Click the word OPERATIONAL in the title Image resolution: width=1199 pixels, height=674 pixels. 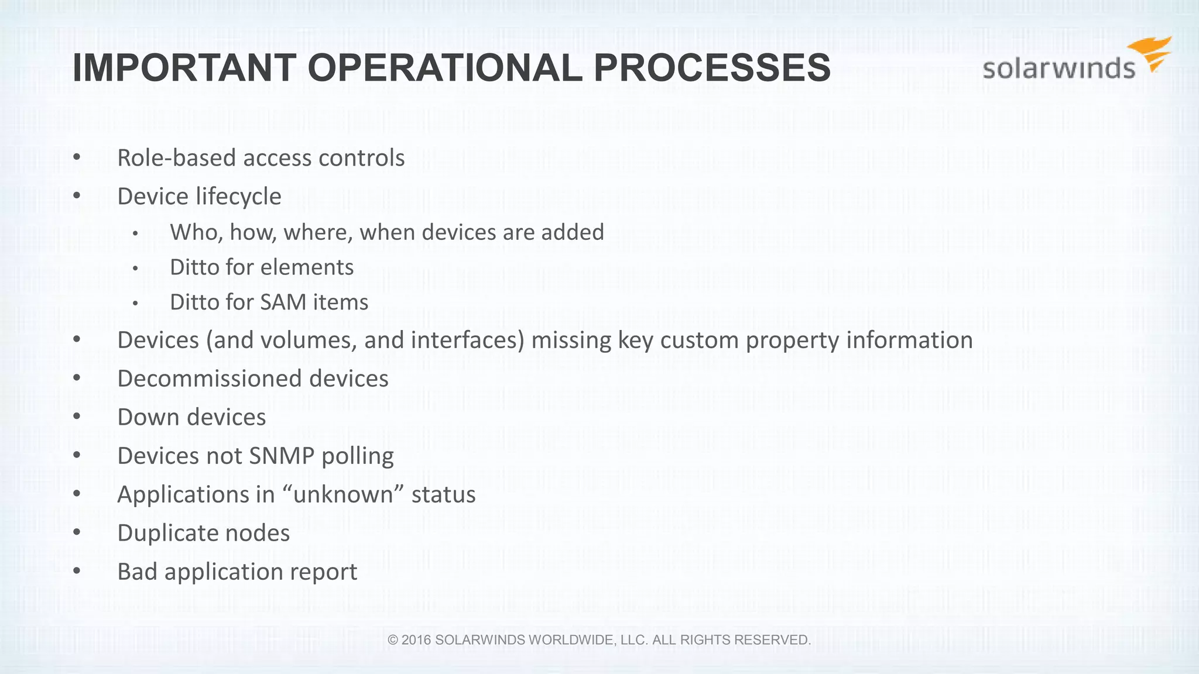[x=444, y=68]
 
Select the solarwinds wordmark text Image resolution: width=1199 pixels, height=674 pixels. [x=1058, y=69]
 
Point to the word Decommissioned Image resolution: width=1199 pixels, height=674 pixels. [x=210, y=379]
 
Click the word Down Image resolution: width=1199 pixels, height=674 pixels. [x=148, y=418]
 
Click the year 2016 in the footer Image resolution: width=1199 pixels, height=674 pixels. [x=416, y=640]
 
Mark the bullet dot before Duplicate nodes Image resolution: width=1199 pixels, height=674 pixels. [x=77, y=533]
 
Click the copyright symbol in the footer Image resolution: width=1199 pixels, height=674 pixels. [x=393, y=640]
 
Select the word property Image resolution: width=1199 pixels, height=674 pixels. [x=792, y=341]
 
